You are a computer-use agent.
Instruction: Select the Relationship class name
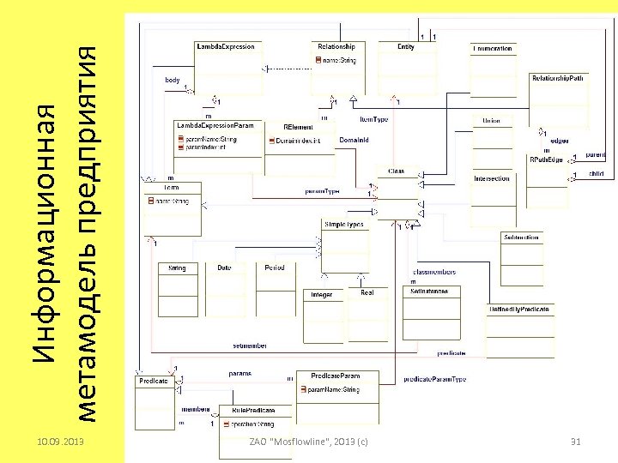pos(336,46)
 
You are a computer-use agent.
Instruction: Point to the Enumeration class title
pos(493,49)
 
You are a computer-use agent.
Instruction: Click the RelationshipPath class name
pos(559,78)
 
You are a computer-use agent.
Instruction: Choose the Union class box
pos(492,121)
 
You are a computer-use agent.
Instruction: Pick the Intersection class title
pos(492,179)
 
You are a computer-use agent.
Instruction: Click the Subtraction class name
pos(522,237)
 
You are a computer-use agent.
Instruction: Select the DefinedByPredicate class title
pos(519,308)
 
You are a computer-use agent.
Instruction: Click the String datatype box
pos(178,269)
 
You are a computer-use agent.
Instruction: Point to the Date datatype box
pos(224,269)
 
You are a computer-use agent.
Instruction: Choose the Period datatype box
pos(275,269)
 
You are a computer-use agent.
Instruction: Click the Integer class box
pos(323,295)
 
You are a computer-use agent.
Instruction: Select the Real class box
pos(367,294)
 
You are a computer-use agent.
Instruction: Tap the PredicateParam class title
pos(336,376)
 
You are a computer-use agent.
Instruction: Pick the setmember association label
pos(250,346)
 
